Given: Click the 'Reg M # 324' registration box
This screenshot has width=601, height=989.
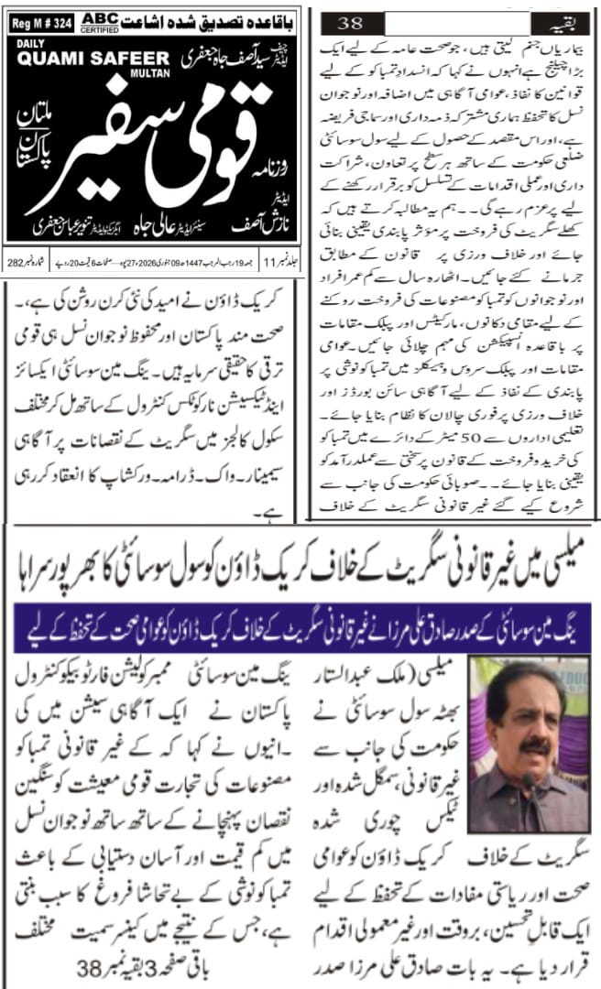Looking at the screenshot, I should [x=39, y=19].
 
